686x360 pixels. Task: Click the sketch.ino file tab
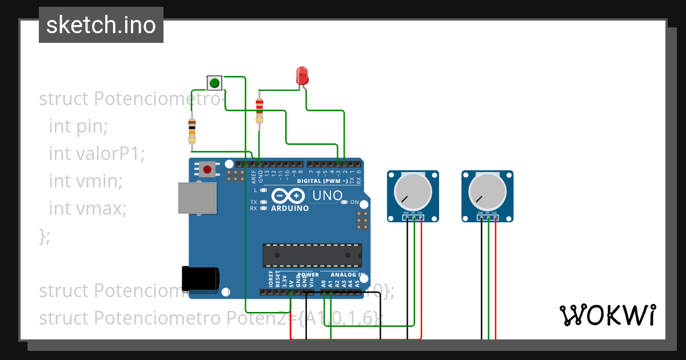[101, 25]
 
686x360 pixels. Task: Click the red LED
[301, 75]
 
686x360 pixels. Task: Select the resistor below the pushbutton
[192, 131]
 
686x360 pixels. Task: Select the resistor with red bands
[260, 110]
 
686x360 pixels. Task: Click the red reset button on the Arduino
[206, 169]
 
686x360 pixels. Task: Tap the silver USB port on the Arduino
[197, 198]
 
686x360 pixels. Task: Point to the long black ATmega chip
[312, 255]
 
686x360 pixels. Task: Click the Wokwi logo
[607, 315]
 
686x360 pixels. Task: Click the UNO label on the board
[326, 196]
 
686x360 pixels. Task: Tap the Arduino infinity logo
[286, 196]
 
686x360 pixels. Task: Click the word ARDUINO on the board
[290, 209]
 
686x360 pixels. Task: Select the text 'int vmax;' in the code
[87, 209]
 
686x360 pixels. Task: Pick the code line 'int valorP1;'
[97, 154]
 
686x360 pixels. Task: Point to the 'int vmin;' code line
[86, 181]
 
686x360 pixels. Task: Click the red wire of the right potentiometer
[496, 280]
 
